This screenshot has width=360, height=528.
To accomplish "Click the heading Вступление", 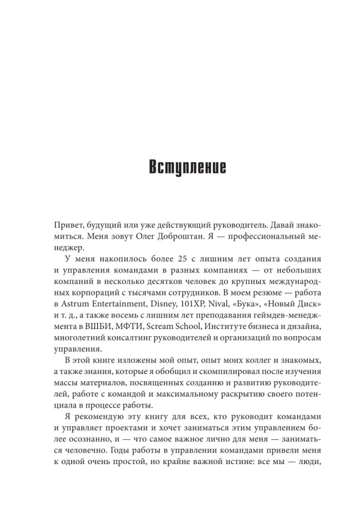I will [x=180, y=167].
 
